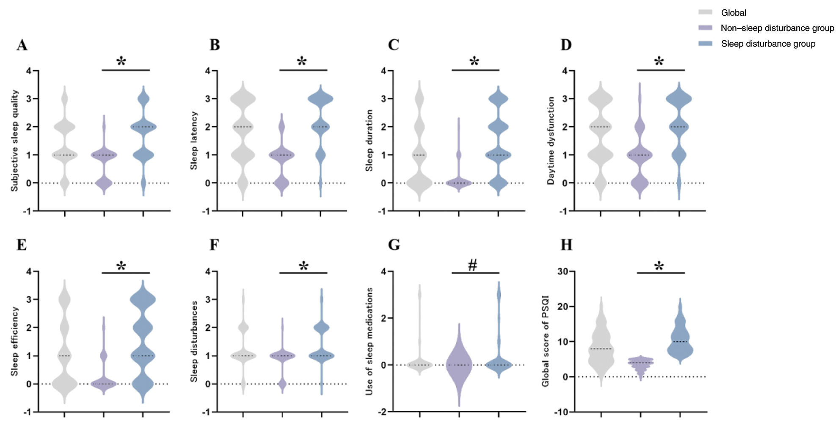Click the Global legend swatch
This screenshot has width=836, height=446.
click(705, 12)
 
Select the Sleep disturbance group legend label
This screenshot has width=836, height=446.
click(768, 44)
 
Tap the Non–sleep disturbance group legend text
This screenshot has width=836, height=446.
click(778, 28)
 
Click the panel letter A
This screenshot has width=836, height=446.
click(22, 45)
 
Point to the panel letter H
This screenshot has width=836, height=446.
click(566, 245)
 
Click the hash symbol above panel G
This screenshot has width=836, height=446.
click(472, 265)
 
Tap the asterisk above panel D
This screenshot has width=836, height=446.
click(659, 61)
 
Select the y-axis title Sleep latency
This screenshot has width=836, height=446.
click(194, 141)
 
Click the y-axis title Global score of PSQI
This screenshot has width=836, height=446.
click(545, 341)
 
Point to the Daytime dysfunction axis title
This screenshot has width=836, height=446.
click(551, 141)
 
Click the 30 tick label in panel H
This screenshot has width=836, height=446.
click(563, 271)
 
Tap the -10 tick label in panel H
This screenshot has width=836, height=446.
click(561, 412)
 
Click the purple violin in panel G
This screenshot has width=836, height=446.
click(459, 365)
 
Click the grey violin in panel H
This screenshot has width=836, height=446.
click(601, 341)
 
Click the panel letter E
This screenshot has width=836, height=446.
click(22, 245)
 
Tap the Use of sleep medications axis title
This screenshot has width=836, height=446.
click(369, 341)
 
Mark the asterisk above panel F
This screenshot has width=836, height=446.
click(303, 266)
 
